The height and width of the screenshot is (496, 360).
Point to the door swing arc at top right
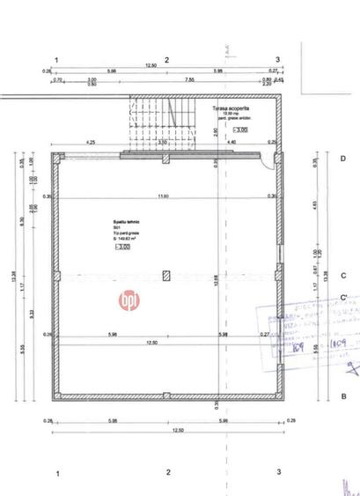coord(268,163)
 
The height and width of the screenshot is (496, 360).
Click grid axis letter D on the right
coord(342,159)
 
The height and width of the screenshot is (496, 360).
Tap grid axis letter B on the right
coord(342,396)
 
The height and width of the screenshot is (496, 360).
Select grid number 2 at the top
coord(167,59)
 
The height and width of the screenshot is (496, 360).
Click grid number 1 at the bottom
coord(58,473)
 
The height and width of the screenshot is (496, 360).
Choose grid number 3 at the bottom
coord(278,473)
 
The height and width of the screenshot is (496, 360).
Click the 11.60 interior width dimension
coord(163,196)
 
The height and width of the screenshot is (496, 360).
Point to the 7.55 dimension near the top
coord(188,80)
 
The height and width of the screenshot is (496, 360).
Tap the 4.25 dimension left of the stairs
coord(90,142)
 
